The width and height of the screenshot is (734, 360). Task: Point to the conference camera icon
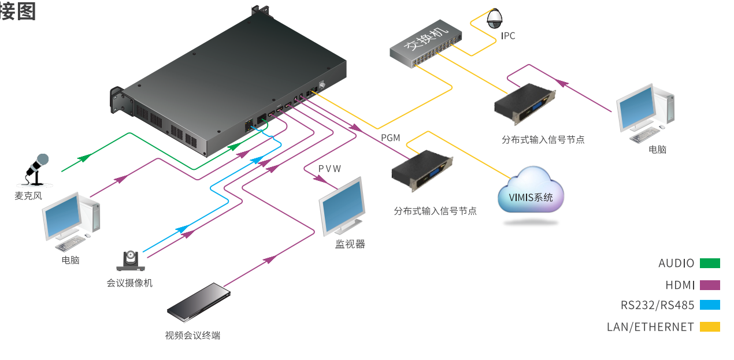pyautogui.click(x=131, y=261)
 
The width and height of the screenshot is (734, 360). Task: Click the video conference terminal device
pyautogui.click(x=198, y=301)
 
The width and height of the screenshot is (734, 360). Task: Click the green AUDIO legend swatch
pyautogui.click(x=710, y=263)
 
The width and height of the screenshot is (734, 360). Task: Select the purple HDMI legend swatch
pyautogui.click(x=710, y=285)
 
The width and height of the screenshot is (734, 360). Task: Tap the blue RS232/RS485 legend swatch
pyautogui.click(x=710, y=305)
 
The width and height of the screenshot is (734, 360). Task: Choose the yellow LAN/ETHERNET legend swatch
pyautogui.click(x=710, y=327)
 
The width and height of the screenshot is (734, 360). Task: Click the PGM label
pyautogui.click(x=391, y=138)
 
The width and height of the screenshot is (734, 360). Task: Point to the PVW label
pyautogui.click(x=329, y=169)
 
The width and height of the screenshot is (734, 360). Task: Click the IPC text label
pyautogui.click(x=508, y=36)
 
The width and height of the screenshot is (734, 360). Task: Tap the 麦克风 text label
pyautogui.click(x=28, y=196)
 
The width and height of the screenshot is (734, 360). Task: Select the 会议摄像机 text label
pyautogui.click(x=129, y=283)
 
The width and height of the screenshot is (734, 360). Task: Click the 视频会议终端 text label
pyautogui.click(x=192, y=336)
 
